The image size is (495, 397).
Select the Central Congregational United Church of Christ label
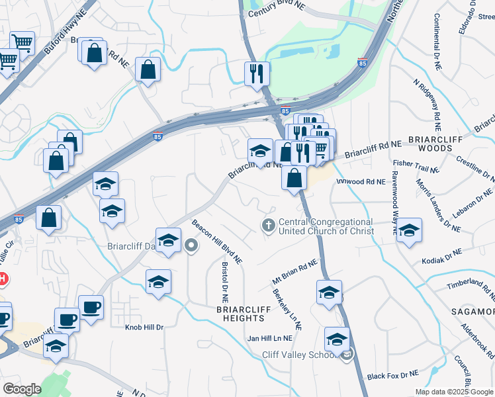(x=326, y=227)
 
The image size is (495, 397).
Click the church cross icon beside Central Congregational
(x=269, y=226)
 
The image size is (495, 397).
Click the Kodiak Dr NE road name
(x=444, y=255)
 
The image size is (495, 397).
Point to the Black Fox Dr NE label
(x=393, y=375)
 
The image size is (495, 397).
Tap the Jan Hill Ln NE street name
(x=269, y=338)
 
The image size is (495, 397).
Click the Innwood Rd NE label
(x=360, y=180)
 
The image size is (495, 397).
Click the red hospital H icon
(x=2, y=279)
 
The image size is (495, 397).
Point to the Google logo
(x=22, y=388)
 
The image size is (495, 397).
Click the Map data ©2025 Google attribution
(x=454, y=392)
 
